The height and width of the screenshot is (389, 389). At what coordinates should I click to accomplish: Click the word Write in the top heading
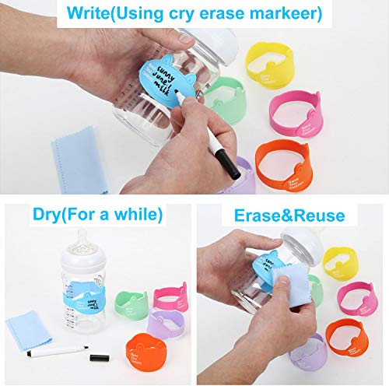91,12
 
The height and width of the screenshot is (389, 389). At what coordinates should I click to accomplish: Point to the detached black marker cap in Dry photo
100,359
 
